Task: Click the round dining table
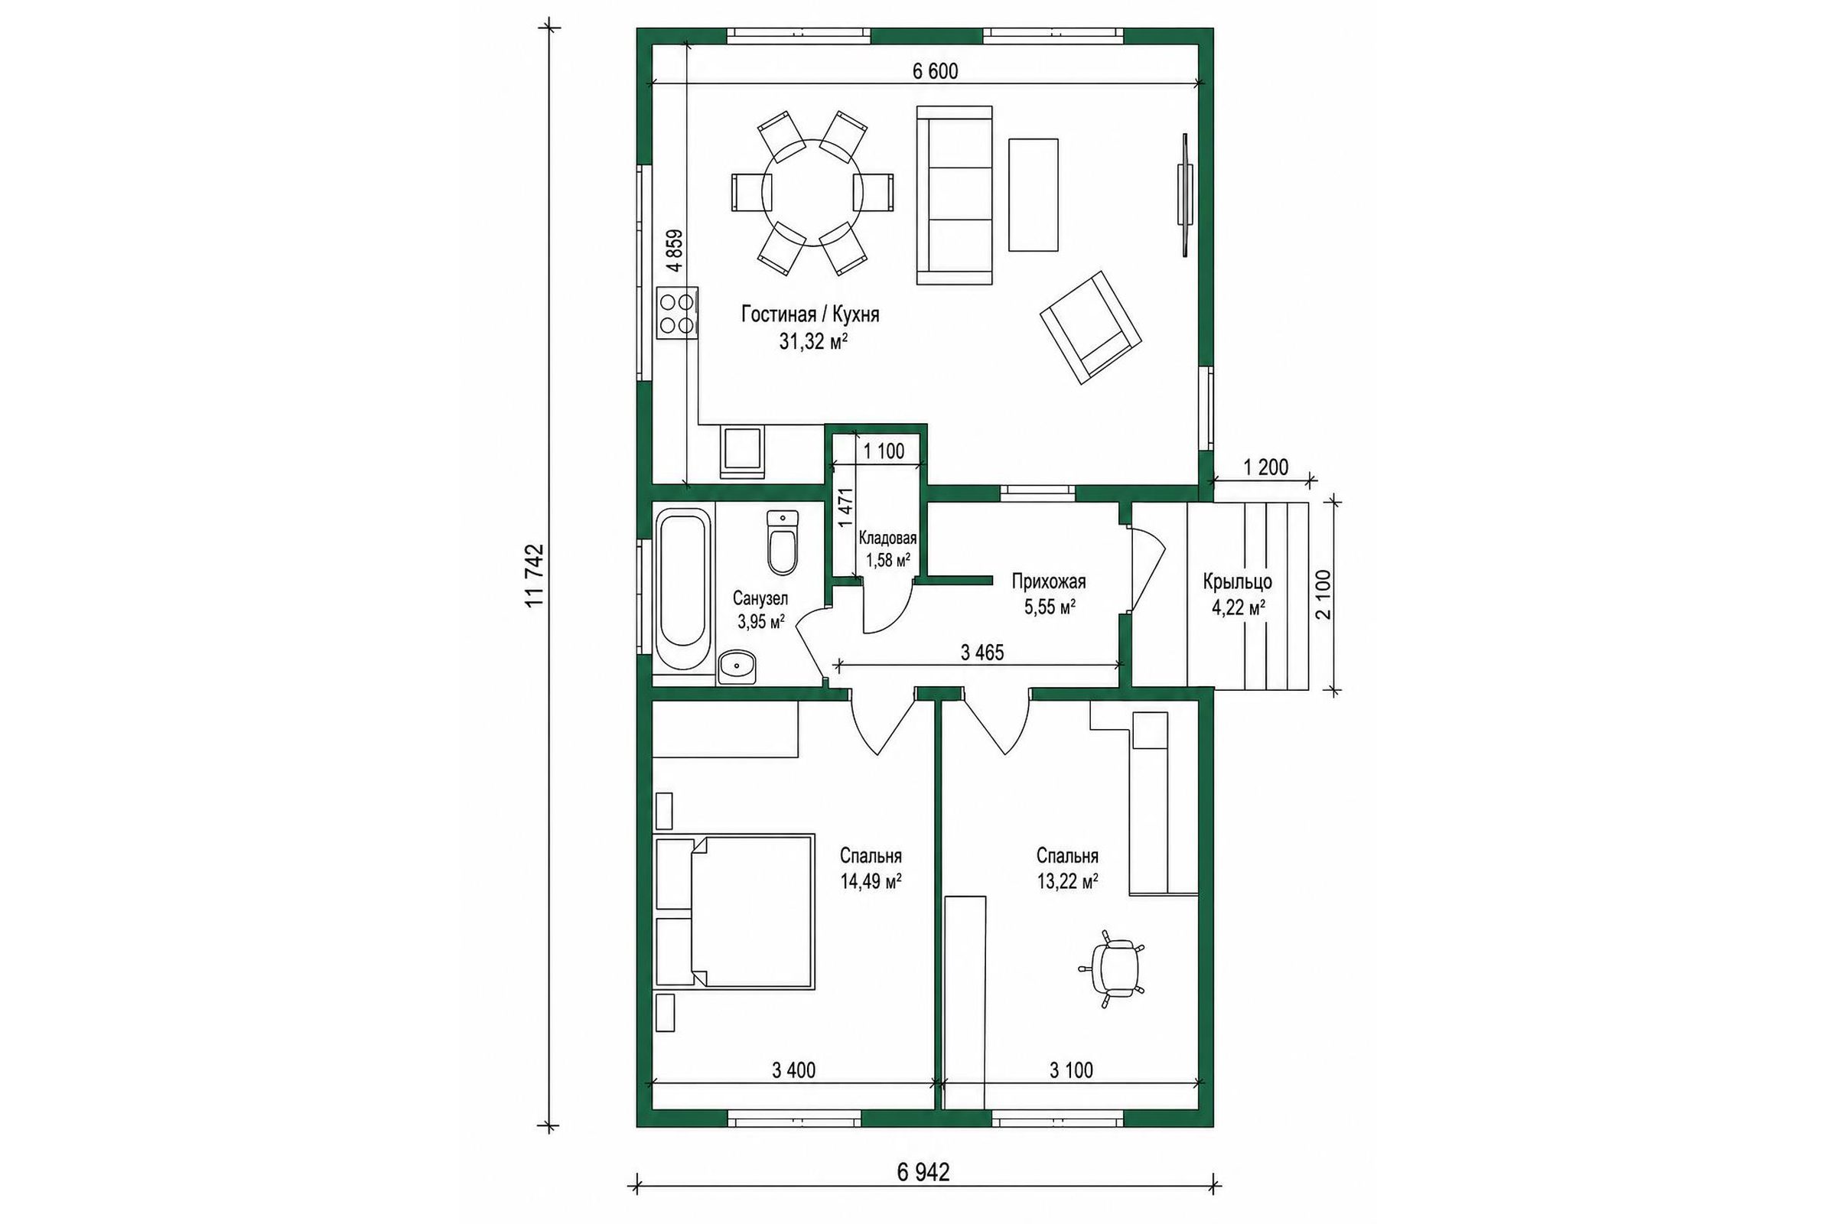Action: coord(812,192)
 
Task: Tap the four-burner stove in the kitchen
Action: coord(130,312)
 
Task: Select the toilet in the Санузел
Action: coord(782,542)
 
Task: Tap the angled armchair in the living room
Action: coord(1091,328)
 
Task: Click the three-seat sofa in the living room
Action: coord(954,195)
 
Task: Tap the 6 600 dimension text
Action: coord(935,71)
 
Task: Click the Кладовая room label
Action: coord(887,538)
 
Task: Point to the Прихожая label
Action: coord(1048,581)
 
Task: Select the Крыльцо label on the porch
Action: coord(1237,582)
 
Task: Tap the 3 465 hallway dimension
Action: coord(982,653)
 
